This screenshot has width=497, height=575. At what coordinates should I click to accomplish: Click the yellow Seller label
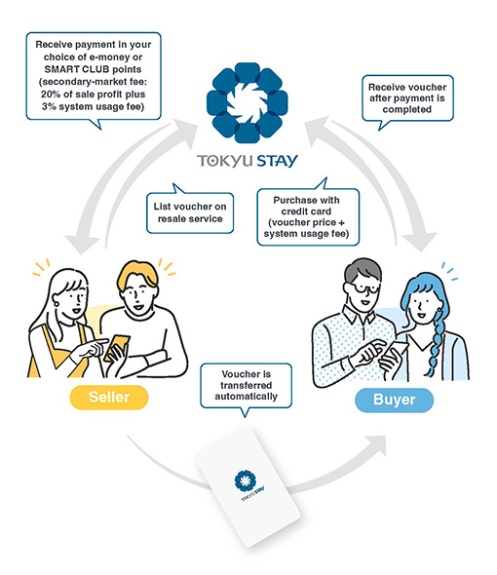[109, 398]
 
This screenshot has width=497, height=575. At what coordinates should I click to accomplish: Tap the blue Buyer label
[395, 400]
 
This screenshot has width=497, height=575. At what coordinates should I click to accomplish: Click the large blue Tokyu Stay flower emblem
[247, 102]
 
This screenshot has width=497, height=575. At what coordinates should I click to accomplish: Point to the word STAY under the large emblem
[277, 161]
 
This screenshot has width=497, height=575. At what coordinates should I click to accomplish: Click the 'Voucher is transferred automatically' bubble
[247, 386]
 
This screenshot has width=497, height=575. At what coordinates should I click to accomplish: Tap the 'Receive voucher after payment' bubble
[407, 98]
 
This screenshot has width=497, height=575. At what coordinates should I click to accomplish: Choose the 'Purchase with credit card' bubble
[308, 216]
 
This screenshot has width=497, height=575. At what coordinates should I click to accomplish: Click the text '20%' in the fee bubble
[51, 95]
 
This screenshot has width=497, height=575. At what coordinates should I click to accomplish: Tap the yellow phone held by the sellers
[117, 348]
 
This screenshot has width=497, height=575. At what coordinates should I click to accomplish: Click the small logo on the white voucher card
[248, 484]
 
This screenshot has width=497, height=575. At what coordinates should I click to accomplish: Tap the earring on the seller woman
[57, 304]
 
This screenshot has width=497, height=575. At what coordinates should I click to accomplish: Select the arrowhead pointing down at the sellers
[82, 245]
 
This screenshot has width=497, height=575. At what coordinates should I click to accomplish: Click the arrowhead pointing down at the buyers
[421, 241]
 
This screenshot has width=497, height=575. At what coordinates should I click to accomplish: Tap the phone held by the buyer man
[395, 351]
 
